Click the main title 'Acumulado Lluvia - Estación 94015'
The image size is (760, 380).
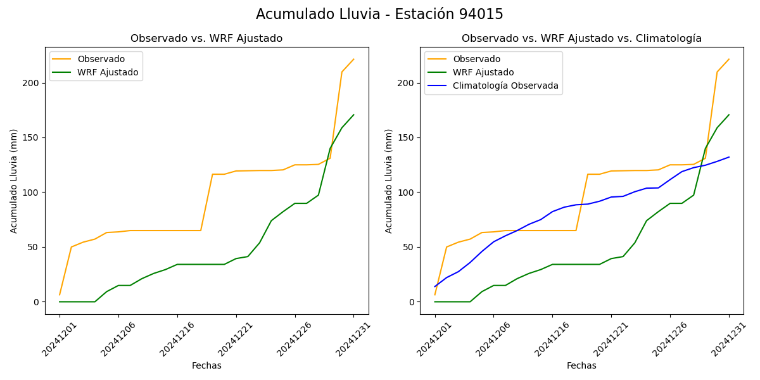click(379, 15)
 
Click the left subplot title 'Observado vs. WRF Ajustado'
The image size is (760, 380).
click(206, 39)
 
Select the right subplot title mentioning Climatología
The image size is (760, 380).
click(581, 39)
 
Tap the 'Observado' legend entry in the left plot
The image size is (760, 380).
click(101, 59)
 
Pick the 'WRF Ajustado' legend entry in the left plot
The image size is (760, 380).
click(108, 72)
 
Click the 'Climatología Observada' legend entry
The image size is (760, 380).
click(505, 85)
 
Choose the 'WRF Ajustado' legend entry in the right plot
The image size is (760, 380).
click(483, 72)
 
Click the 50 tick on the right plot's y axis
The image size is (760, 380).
click(411, 247)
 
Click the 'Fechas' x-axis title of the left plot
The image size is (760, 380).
click(206, 365)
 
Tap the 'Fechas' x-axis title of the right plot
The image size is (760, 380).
click(581, 365)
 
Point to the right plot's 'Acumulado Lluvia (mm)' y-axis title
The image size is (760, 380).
click(389, 180)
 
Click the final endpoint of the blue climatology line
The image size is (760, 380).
click(729, 157)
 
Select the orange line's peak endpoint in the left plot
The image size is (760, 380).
click(353, 59)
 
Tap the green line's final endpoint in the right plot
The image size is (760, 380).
click(729, 115)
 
